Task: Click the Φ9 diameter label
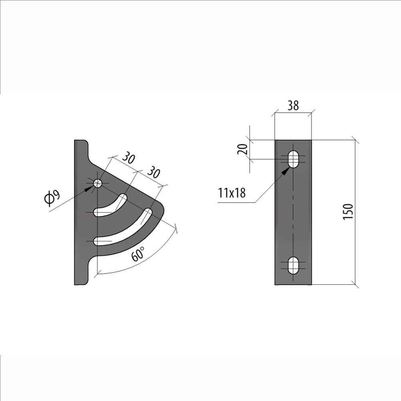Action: click(x=53, y=198)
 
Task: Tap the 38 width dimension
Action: click(x=293, y=105)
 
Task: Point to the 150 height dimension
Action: click(x=348, y=211)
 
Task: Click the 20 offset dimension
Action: click(x=243, y=149)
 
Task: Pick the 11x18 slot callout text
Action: click(x=232, y=193)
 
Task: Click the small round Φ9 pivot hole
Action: click(x=98, y=183)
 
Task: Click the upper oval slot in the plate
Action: click(x=293, y=159)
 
